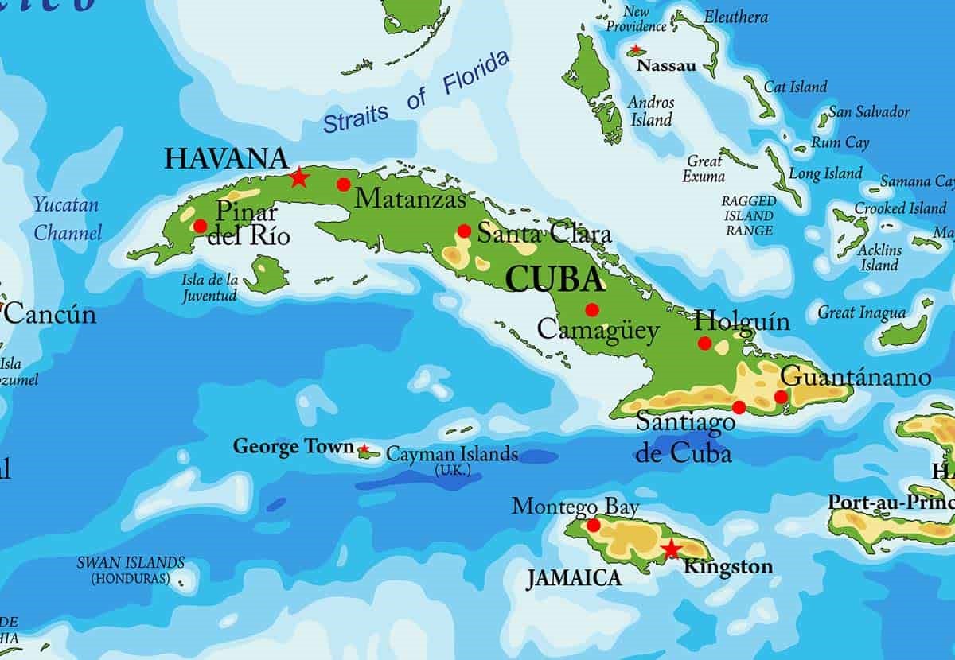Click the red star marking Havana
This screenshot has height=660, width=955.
298,177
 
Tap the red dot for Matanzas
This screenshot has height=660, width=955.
343,184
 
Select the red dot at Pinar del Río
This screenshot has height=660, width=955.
200,226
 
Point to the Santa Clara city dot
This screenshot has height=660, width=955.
464,231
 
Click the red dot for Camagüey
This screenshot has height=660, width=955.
591,309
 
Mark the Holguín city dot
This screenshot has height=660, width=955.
704,343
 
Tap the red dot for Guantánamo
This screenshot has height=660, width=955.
781,397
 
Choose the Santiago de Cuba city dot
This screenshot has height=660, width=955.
739,408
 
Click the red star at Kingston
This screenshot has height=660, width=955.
671,549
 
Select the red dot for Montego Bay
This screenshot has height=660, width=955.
593,526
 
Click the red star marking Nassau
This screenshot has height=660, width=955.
635,50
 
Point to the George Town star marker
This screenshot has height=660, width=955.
364,449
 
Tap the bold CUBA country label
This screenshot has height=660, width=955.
555,279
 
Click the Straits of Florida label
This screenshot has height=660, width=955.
415,95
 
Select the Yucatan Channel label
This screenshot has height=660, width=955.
67,219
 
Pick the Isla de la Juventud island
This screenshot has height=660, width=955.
265,275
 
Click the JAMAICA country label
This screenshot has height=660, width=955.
574,578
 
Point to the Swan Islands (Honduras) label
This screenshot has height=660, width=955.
131,570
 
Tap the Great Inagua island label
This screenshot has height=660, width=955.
861,313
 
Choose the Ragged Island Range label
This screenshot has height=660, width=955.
747,215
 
